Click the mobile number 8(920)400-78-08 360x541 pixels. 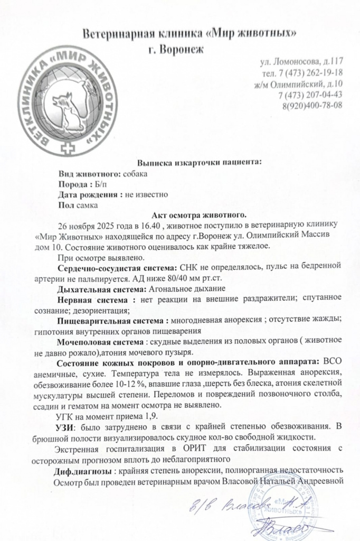coord(312,105)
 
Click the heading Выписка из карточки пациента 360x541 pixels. coord(200,163)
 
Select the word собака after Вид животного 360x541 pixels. coord(135,173)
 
